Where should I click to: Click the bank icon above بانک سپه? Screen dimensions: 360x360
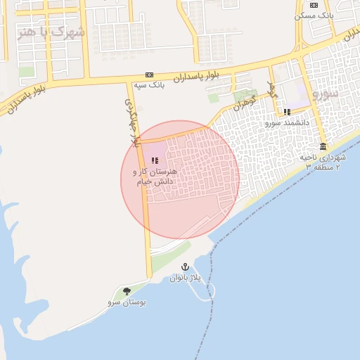point(150,75)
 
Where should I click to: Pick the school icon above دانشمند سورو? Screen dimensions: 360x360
point(287,112)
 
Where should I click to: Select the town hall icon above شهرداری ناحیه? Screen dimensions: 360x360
point(323,146)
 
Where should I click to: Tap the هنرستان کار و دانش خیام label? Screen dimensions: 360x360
point(156,176)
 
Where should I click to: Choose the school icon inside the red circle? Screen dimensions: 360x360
point(155,161)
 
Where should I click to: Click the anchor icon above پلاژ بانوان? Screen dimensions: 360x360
point(185,267)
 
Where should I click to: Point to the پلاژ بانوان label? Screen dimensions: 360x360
point(185,278)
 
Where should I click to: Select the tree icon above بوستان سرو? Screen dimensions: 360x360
point(127,291)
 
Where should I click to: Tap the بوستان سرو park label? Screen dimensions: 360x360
point(127,302)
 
